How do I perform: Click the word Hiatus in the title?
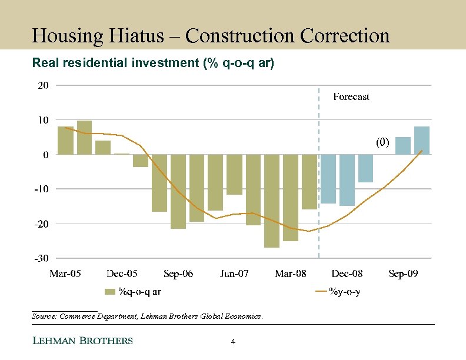[x=143, y=36]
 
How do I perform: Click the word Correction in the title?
[x=344, y=36]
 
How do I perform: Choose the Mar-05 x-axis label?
[x=65, y=274]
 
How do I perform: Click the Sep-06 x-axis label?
[x=178, y=274]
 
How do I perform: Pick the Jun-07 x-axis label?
[x=234, y=274]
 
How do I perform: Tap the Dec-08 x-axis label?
[x=347, y=274]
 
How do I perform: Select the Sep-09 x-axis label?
[x=404, y=274]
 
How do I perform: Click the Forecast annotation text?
[x=351, y=97]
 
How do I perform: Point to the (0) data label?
[x=383, y=142]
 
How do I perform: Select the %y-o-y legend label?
[x=344, y=291]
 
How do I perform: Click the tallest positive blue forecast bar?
[x=421, y=140]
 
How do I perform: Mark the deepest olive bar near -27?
[x=272, y=201]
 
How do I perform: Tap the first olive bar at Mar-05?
[x=65, y=140]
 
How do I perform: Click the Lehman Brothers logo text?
[x=82, y=341]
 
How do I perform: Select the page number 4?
[x=233, y=342]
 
